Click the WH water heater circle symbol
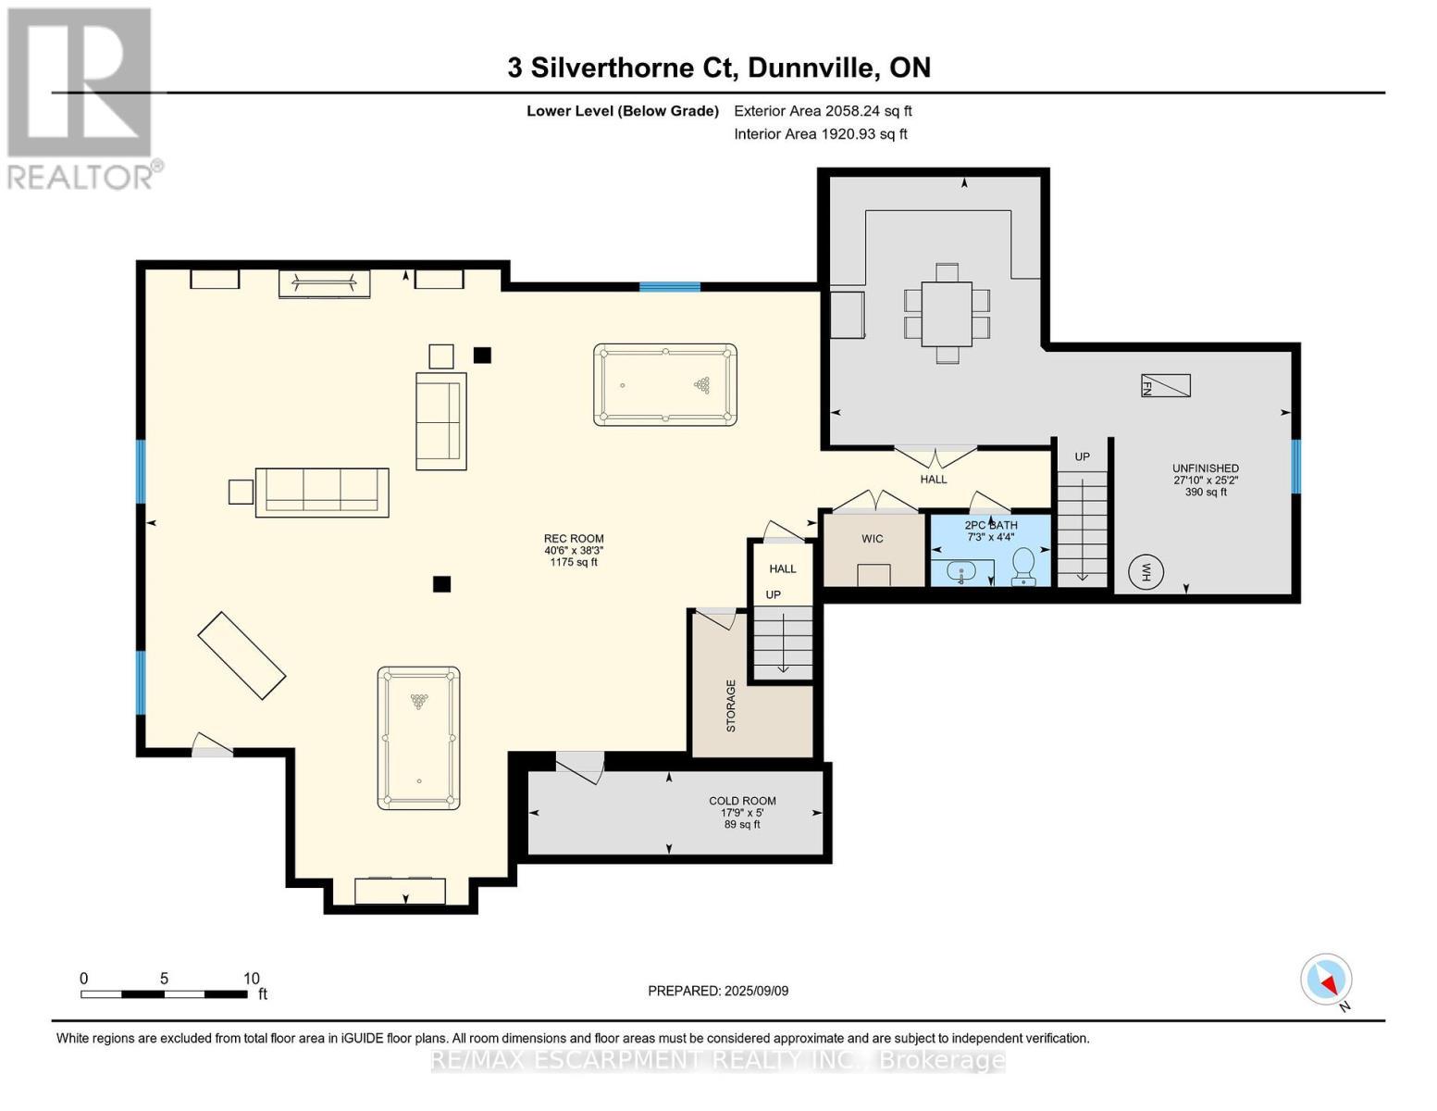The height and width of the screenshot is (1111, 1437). pyautogui.click(x=1146, y=571)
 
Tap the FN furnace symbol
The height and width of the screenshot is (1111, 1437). pyautogui.click(x=1165, y=386)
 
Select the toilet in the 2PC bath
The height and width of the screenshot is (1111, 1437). pyautogui.click(x=1023, y=566)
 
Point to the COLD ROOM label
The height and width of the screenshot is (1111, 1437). pyautogui.click(x=742, y=801)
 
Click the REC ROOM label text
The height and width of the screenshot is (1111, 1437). pyautogui.click(x=574, y=539)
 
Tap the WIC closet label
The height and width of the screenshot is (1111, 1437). pyautogui.click(x=872, y=539)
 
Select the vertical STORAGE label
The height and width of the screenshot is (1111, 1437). pyautogui.click(x=731, y=706)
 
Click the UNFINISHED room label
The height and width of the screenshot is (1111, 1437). pyautogui.click(x=1205, y=468)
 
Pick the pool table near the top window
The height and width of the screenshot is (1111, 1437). pyautogui.click(x=664, y=385)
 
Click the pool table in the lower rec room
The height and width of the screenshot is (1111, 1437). pyautogui.click(x=418, y=738)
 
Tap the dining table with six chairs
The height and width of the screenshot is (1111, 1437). pyautogui.click(x=947, y=313)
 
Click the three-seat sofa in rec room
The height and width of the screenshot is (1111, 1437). pyautogui.click(x=321, y=492)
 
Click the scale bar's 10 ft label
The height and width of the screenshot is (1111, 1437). pyautogui.click(x=251, y=979)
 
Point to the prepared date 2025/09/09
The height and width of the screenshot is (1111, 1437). pyautogui.click(x=717, y=991)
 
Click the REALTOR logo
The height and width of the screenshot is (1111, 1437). pyautogui.click(x=81, y=97)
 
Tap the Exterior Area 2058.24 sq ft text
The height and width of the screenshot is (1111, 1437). pyautogui.click(x=823, y=111)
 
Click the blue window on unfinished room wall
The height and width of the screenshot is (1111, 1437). pyautogui.click(x=1295, y=466)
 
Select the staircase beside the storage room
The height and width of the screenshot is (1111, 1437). pyautogui.click(x=783, y=642)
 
